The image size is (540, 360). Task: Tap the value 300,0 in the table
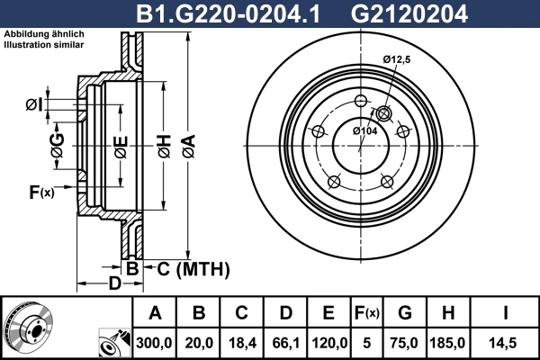pos(155,343)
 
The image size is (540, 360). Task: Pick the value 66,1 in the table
pos(284,343)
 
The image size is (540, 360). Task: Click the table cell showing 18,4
pos(242,343)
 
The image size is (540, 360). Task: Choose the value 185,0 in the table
pos(449,343)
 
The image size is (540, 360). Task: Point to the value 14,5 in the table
pos(506,343)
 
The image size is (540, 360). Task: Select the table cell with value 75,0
pos(405,343)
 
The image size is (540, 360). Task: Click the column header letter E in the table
pos(328,313)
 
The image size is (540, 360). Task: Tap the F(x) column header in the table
pos(366,313)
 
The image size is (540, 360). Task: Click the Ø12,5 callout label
pos(397,59)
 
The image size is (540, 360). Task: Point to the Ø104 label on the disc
pos(364,131)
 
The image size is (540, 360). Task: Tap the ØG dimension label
pos(58,148)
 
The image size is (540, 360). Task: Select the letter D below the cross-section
pos(114,285)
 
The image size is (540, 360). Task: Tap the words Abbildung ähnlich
pos(40,34)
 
